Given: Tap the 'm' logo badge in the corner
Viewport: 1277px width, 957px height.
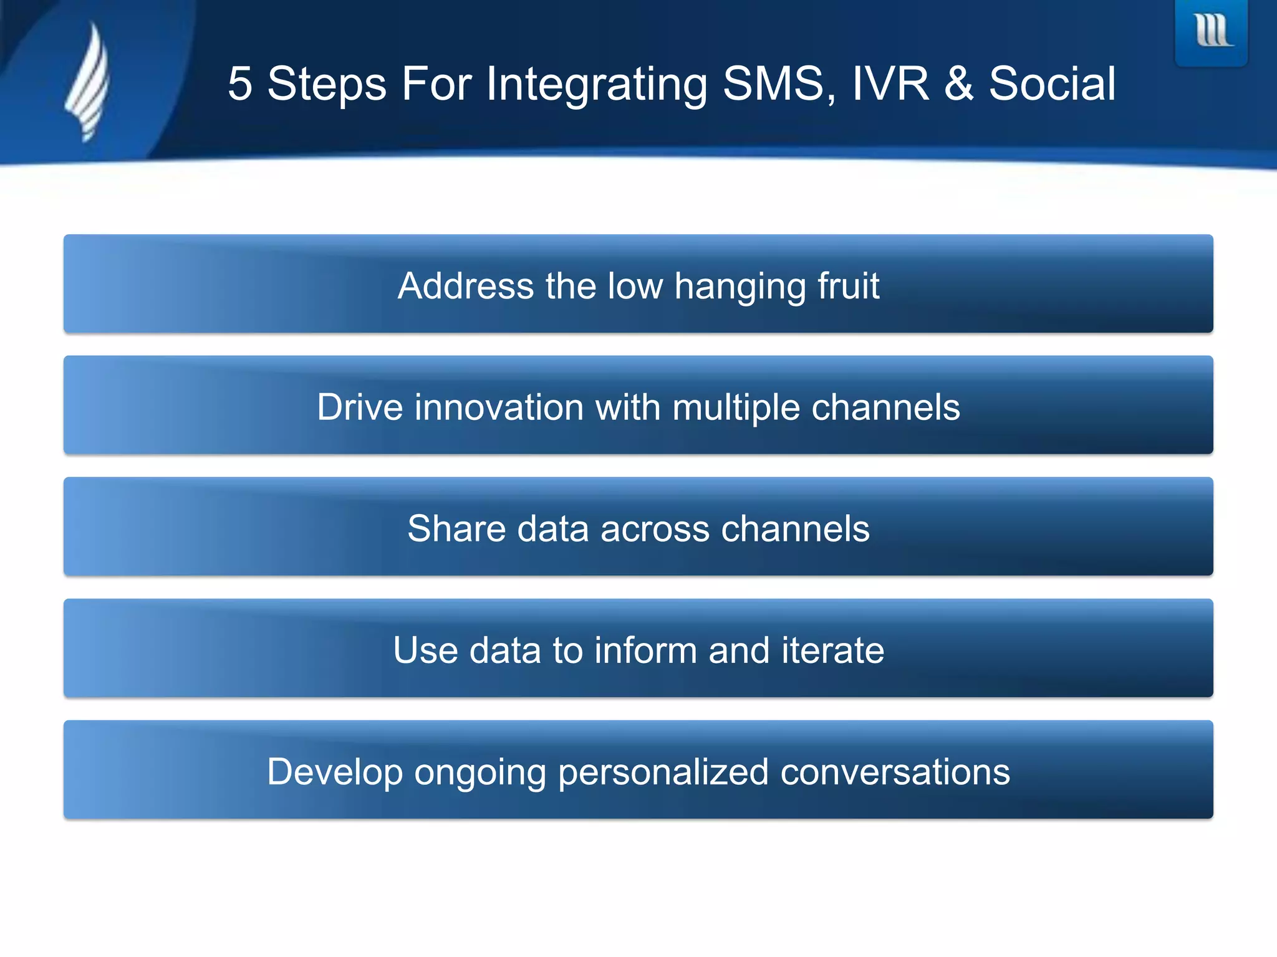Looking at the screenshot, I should (1212, 31).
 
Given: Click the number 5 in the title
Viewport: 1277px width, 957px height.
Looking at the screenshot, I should (240, 84).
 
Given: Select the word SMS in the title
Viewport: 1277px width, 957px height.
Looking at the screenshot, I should (779, 84).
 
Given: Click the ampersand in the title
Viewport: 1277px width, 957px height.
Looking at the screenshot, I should (959, 84).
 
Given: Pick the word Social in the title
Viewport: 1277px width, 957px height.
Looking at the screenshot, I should (1053, 84).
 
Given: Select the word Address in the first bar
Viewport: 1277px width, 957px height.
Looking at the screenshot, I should (465, 286).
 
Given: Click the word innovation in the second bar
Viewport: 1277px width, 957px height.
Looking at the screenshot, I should (499, 407).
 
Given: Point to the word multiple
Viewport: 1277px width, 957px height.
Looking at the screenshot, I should (736, 409).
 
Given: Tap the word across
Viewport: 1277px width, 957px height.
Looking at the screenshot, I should (655, 529).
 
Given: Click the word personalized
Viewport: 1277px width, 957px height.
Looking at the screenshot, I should (663, 773).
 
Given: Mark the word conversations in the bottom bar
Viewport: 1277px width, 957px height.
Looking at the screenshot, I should (895, 772).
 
